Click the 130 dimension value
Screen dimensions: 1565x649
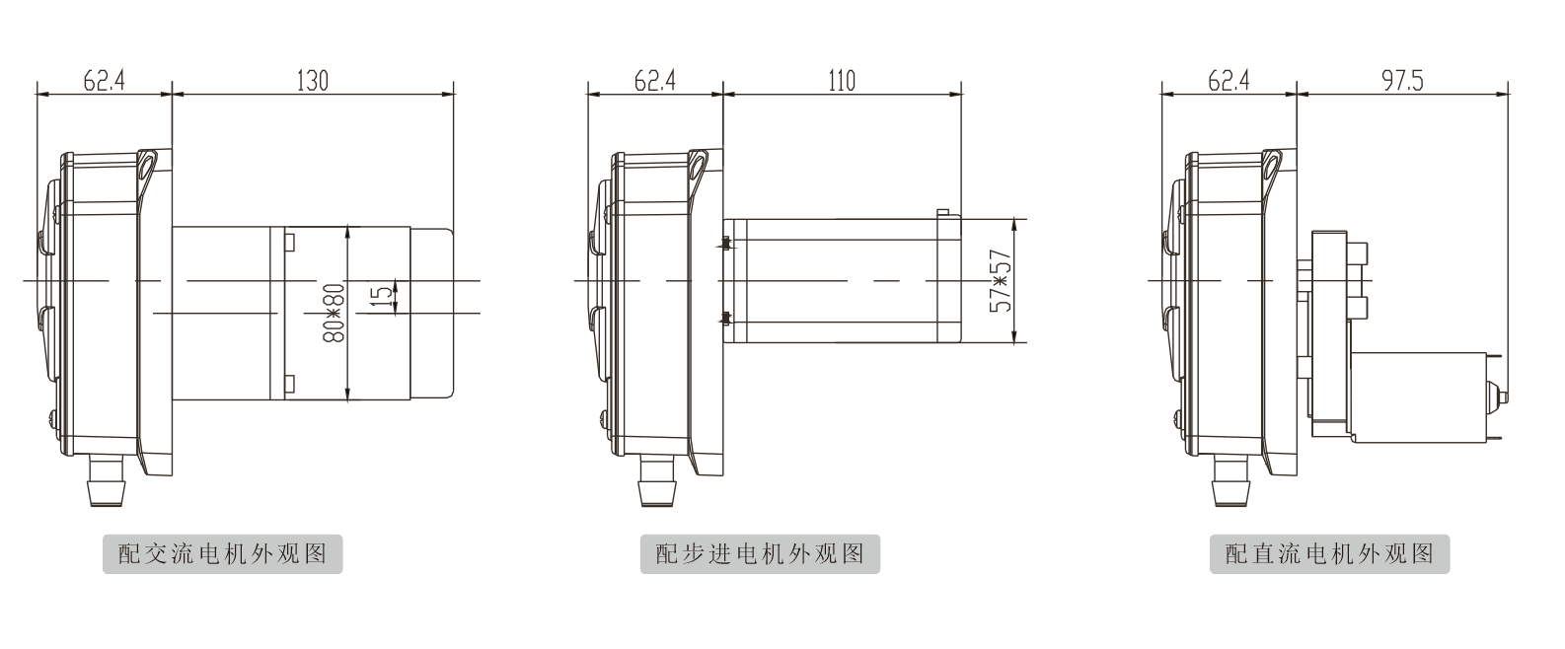pyautogui.click(x=312, y=81)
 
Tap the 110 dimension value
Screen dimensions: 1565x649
pyautogui.click(x=842, y=81)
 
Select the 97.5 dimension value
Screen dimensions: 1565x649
pyautogui.click(x=1402, y=81)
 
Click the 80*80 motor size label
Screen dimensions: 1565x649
pyautogui.click(x=335, y=313)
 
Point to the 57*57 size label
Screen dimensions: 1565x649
pyautogui.click(x=1002, y=281)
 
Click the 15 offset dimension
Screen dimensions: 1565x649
pyautogui.click(x=381, y=297)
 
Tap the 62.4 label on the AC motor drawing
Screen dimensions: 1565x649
pyautogui.click(x=104, y=81)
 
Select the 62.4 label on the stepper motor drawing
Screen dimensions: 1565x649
pyautogui.click(x=654, y=81)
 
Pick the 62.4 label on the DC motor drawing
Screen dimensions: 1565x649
pyautogui.click(x=1229, y=81)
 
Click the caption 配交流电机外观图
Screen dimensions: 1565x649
pyautogui.click(x=223, y=554)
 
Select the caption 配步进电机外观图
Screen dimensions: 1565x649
pyautogui.click(x=760, y=554)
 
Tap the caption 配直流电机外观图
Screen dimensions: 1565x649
pyautogui.click(x=1329, y=554)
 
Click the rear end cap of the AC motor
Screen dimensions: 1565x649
pyautogui.click(x=432, y=313)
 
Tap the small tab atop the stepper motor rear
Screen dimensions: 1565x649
pyautogui.click(x=942, y=212)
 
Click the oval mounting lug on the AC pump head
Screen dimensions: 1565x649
pyautogui.click(x=146, y=167)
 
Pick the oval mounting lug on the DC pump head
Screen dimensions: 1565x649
pyautogui.click(x=1271, y=167)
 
